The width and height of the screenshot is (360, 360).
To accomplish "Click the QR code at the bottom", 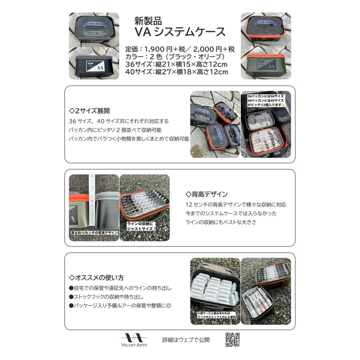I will click(x=232, y=340).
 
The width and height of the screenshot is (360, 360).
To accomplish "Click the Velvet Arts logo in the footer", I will click(x=134, y=340).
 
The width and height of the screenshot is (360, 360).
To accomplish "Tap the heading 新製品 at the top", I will click(x=148, y=21).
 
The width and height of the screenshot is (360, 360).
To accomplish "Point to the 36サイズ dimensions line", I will click(x=176, y=64).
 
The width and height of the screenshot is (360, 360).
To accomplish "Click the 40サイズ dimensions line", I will click(x=176, y=72).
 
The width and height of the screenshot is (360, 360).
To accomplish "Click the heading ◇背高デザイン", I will click(x=207, y=194).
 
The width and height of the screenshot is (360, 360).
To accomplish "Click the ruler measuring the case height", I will click(x=92, y=200).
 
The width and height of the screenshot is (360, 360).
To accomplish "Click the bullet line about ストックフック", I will click(x=106, y=297).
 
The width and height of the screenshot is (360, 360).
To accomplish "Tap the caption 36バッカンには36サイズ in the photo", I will click(x=266, y=96).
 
